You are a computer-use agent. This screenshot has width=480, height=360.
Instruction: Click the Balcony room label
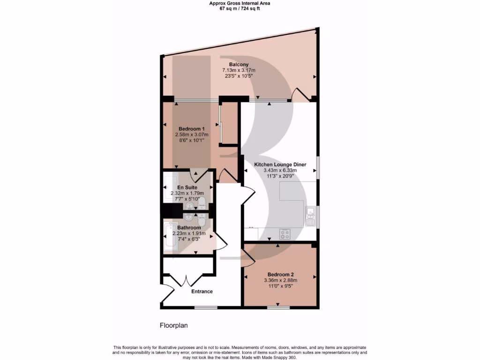[x=239, y=65]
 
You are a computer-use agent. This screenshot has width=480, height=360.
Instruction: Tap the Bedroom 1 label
[x=192, y=129]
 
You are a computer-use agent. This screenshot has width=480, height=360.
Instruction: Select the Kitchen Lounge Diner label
[x=280, y=165]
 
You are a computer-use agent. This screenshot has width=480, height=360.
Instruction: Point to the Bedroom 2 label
[x=280, y=275]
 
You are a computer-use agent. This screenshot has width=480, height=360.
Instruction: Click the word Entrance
[x=202, y=292]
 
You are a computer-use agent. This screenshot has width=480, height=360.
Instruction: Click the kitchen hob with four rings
[x=285, y=234]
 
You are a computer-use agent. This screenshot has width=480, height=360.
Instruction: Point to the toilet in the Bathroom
[x=202, y=219]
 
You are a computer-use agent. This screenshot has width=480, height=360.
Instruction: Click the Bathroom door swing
[x=220, y=241]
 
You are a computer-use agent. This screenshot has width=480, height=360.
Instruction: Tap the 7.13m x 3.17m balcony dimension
[x=239, y=71]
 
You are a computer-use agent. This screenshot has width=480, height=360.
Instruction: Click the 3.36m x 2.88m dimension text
[x=280, y=281]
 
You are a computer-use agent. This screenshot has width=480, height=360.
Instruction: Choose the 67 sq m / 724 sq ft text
[x=240, y=8]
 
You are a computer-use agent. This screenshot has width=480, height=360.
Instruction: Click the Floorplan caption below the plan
[x=174, y=325]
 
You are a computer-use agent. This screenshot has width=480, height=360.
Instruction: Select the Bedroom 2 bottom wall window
[x=278, y=308]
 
